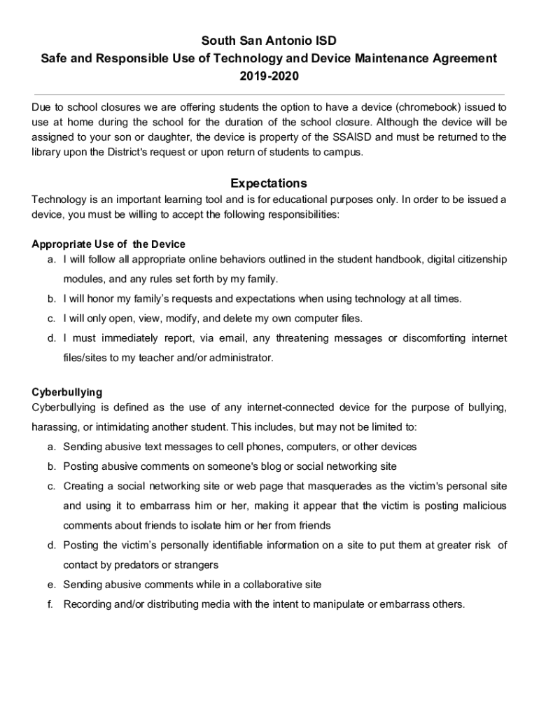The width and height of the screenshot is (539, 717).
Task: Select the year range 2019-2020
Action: click(269, 76)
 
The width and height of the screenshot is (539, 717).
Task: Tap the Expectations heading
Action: click(269, 183)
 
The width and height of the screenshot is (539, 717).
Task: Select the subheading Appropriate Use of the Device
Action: click(108, 244)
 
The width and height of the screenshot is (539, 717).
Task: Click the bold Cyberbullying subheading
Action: click(67, 392)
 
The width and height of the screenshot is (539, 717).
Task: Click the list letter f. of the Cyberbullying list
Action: click(51, 604)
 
